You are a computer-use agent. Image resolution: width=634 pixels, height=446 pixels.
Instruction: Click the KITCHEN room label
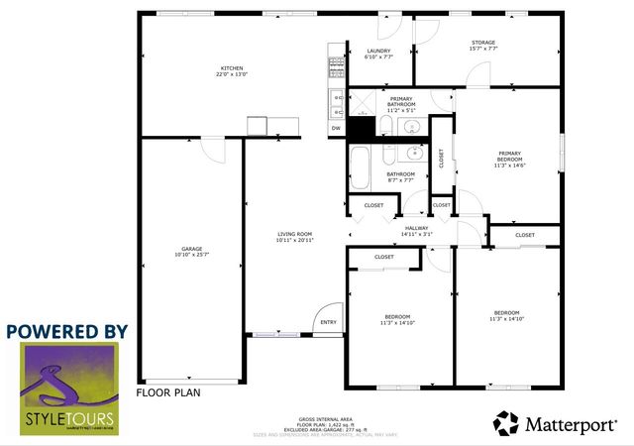click(x=233, y=70)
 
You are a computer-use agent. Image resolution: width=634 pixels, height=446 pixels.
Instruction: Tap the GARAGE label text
click(x=191, y=251)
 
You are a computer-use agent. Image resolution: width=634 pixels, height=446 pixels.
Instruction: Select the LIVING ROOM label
click(x=294, y=237)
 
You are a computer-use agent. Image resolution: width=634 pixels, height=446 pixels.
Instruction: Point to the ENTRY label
click(x=328, y=322)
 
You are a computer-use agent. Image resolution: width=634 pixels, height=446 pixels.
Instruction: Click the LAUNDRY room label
click(x=378, y=54)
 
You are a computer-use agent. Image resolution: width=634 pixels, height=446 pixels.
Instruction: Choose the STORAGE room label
click(x=483, y=45)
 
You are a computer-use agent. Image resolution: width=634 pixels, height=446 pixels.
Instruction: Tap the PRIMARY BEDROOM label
click(x=510, y=159)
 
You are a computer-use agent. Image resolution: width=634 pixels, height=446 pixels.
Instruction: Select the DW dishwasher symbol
click(x=336, y=128)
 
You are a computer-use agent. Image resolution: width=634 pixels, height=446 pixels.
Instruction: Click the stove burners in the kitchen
click(x=336, y=68)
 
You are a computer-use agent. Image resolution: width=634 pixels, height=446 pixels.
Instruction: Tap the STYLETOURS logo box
click(x=68, y=389)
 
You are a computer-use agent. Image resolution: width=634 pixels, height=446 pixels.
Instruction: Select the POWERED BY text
click(x=67, y=330)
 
